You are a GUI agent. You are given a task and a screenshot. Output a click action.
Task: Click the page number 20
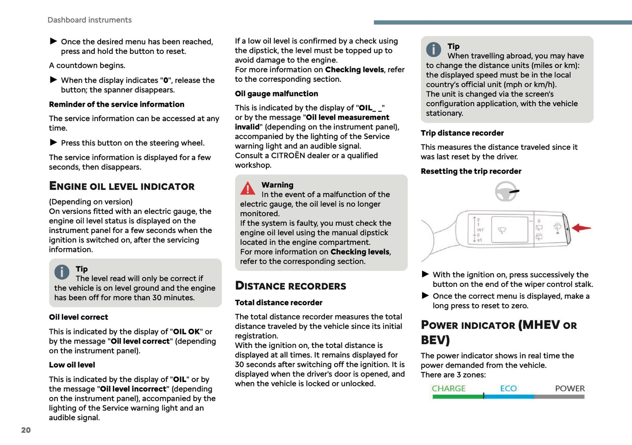tap(26, 430)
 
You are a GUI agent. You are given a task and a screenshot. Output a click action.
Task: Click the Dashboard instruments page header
tap(89, 20)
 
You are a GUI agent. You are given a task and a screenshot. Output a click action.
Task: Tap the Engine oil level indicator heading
tap(122, 186)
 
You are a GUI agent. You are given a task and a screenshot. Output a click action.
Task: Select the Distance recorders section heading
tap(290, 286)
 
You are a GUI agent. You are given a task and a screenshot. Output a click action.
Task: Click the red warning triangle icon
tap(248, 188)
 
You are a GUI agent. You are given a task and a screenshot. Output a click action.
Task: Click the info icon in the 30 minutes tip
tap(62, 272)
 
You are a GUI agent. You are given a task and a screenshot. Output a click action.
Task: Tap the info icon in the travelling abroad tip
tap(433, 49)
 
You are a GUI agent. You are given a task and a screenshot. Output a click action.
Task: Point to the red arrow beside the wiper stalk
tap(581, 228)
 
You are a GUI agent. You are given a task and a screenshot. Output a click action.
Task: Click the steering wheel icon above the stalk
tap(506, 191)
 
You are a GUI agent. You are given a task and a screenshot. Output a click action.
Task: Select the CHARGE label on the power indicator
tap(448, 388)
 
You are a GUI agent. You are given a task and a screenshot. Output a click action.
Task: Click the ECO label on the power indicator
tap(508, 388)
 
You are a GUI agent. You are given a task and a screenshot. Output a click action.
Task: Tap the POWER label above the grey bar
tap(569, 388)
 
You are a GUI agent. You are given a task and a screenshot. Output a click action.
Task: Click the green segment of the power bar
tap(457, 396)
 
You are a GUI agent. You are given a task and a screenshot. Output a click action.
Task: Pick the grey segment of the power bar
tap(559, 396)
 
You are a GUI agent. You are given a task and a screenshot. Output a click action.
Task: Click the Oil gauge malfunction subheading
tap(276, 94)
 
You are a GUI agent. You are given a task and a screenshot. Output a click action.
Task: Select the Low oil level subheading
tap(72, 365)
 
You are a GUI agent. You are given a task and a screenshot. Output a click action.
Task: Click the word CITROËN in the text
tap(288, 156)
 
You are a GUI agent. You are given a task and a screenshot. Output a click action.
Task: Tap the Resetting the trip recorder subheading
tap(471, 171)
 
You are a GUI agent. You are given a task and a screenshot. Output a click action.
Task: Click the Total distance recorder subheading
tap(278, 302)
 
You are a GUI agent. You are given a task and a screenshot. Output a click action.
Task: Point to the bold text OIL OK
tap(186, 332)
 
